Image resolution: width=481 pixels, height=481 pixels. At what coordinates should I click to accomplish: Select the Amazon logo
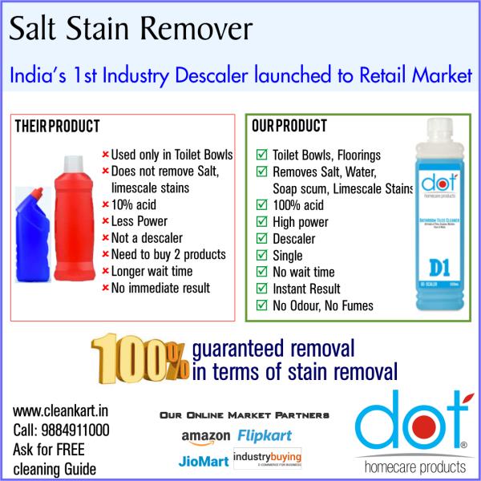click(207, 435)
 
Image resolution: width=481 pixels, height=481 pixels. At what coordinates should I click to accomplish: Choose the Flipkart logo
click(265, 435)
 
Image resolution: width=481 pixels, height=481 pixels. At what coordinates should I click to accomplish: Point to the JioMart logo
click(201, 461)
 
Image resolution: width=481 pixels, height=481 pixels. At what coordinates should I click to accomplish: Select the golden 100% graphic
click(139, 358)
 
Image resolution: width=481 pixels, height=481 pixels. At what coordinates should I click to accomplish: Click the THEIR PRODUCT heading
click(58, 127)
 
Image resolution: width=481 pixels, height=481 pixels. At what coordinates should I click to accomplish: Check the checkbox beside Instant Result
click(261, 289)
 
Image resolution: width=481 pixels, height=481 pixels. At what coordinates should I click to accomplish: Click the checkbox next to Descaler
click(261, 238)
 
